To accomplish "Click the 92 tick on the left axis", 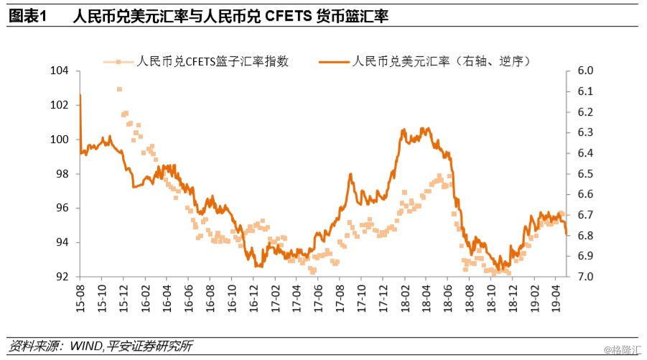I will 62,277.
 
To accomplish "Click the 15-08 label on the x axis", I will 80,295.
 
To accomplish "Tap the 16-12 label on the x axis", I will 253,295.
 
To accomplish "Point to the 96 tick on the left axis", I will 62,208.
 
